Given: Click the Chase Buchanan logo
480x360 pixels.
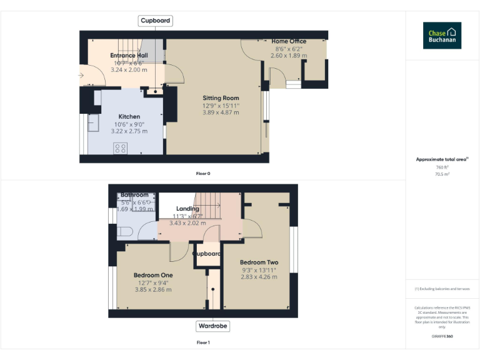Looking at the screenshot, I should coord(442,36).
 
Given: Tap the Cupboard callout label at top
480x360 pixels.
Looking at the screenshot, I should coord(154,21).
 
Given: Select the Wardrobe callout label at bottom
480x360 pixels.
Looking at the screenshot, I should coord(212,326).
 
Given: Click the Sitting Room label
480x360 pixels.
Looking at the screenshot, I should coord(221,98).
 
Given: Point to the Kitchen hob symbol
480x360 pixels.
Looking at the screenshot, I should coord(120,148).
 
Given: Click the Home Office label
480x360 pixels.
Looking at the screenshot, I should coord(288,41).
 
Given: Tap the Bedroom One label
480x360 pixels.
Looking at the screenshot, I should coord(153,275).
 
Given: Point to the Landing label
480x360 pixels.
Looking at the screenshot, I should coord(187,209).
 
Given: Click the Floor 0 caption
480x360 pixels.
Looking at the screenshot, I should coord(203,173).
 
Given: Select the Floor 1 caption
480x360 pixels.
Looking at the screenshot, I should coord(203,342).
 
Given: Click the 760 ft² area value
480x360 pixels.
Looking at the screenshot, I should coord(442,167).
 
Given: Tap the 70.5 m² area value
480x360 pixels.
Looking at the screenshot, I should coord(442,174).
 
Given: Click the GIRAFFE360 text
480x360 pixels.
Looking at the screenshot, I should coord(442,337).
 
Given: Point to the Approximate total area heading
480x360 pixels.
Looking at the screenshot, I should coord(442,159).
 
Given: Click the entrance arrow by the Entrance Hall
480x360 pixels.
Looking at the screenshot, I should coord(81,76).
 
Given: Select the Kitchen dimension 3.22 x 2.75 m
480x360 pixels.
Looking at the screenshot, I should coord(129,131).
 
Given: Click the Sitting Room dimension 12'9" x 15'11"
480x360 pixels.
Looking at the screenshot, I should coord(221,106).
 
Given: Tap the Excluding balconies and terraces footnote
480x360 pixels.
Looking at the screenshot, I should coord(442,289).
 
